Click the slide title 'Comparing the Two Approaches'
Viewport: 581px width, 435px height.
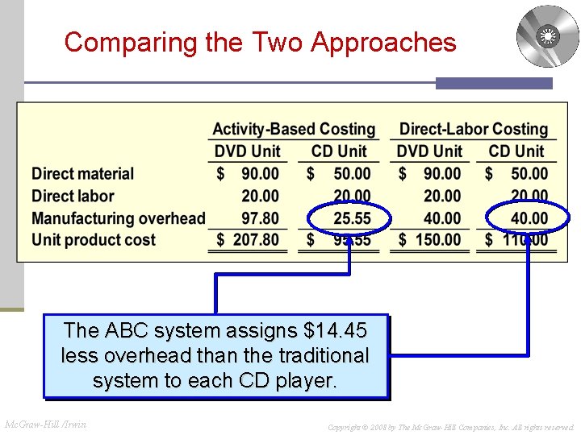tap(260, 42)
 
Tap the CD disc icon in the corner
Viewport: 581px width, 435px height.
tap(548, 36)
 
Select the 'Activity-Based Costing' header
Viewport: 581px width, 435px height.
tap(294, 129)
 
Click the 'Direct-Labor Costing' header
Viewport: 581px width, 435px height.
tap(474, 129)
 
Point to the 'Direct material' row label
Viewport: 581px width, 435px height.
tap(82, 174)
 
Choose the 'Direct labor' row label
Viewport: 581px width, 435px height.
tap(73, 196)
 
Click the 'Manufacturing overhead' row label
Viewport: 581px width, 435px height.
tap(119, 217)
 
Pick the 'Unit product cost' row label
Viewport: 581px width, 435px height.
tap(94, 239)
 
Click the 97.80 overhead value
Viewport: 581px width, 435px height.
tap(260, 217)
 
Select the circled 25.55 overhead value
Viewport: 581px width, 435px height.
tap(352, 217)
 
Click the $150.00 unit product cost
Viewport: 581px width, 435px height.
tap(431, 240)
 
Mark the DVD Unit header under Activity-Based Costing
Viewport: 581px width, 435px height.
tap(247, 151)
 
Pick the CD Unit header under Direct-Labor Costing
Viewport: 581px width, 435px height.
tap(516, 151)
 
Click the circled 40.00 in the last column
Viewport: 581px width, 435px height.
tap(529, 217)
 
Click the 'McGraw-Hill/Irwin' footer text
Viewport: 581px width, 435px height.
tap(45, 424)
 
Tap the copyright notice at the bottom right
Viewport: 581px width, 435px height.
tap(450, 426)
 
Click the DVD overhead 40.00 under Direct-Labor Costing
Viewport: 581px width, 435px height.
tap(442, 217)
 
